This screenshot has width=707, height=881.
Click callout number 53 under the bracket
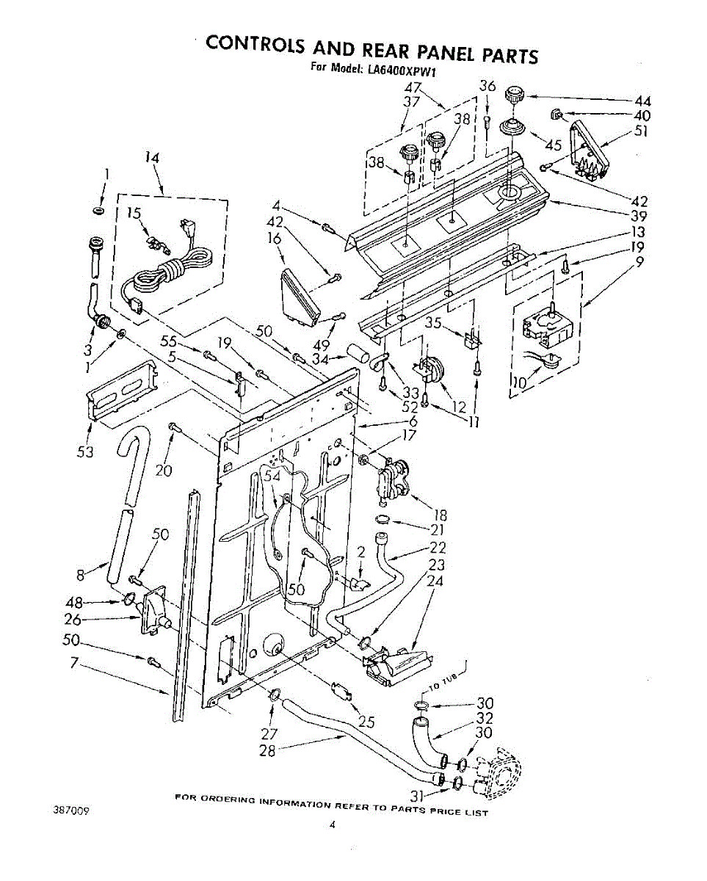pyautogui.click(x=86, y=452)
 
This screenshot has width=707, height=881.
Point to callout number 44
pyautogui.click(x=642, y=101)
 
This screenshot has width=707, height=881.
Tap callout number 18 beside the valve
pyautogui.click(x=440, y=516)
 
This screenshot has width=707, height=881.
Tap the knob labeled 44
pyautogui.click(x=515, y=95)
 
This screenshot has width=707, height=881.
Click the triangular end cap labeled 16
pyautogui.click(x=301, y=297)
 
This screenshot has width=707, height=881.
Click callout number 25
pyautogui.click(x=366, y=722)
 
